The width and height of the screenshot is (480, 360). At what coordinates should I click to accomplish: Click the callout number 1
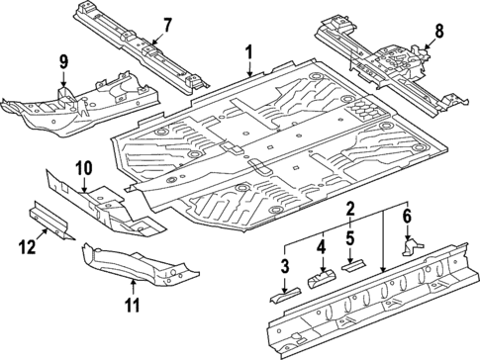tap(249, 52)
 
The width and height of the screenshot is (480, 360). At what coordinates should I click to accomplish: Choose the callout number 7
tap(166, 24)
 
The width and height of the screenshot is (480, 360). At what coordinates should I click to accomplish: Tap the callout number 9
tap(63, 63)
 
